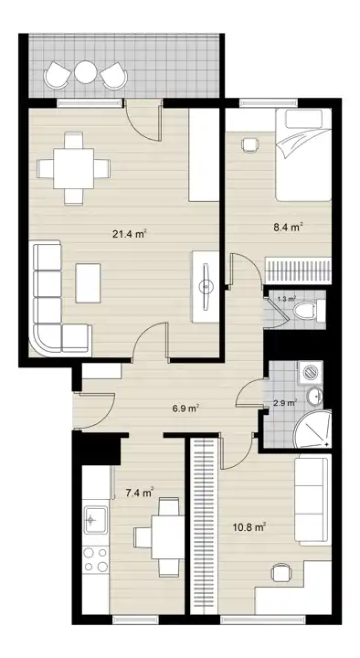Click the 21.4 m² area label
coord(129,234)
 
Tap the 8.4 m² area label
coord(288,228)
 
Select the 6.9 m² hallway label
coord(185,408)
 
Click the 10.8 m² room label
coord(250,527)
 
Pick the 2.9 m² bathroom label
coord(285,403)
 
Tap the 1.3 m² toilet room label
coord(287,299)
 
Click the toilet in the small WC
coord(309,310)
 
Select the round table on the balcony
coord(86,72)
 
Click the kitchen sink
coord(96,519)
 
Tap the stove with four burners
coord(96,560)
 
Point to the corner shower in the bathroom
coord(313,429)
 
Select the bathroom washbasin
coord(314,396)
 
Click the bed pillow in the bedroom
coord(303,119)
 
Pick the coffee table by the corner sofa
coord(88,282)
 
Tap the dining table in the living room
coord(73,168)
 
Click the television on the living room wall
coord(206,287)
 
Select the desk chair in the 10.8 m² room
coord(281,572)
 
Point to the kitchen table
coord(167,536)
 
